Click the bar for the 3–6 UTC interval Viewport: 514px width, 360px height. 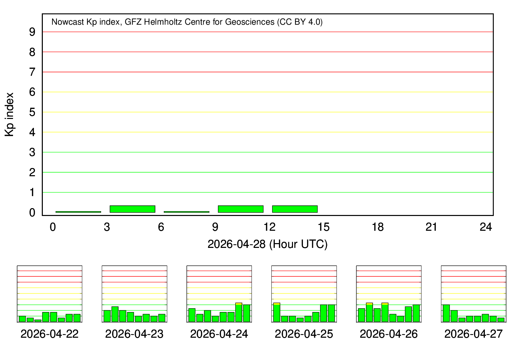(x=132, y=209)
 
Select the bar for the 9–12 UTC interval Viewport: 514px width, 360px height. (x=241, y=209)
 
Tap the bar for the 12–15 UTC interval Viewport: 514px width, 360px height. (x=295, y=209)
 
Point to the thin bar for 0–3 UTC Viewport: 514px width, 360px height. (x=78, y=212)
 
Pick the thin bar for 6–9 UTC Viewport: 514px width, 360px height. (x=186, y=212)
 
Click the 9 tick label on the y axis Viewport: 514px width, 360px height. (x=32, y=32)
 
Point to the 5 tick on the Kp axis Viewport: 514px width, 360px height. (x=32, y=112)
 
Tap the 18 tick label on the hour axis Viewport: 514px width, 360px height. (x=378, y=227)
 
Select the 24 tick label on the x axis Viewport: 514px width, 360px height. (x=486, y=227)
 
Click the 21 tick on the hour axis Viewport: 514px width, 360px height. (x=431, y=227)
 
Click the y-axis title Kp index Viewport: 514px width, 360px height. (x=10, y=115)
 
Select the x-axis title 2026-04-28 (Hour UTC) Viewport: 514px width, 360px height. (x=267, y=244)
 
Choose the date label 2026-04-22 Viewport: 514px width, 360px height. (x=50, y=334)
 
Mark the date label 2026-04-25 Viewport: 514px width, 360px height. (x=304, y=334)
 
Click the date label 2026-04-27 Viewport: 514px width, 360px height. (x=473, y=334)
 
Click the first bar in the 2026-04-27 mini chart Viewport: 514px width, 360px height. (x=446, y=313)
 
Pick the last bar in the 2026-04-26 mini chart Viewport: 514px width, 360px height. (x=416, y=313)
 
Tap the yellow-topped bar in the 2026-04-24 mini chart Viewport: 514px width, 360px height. (x=239, y=312)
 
